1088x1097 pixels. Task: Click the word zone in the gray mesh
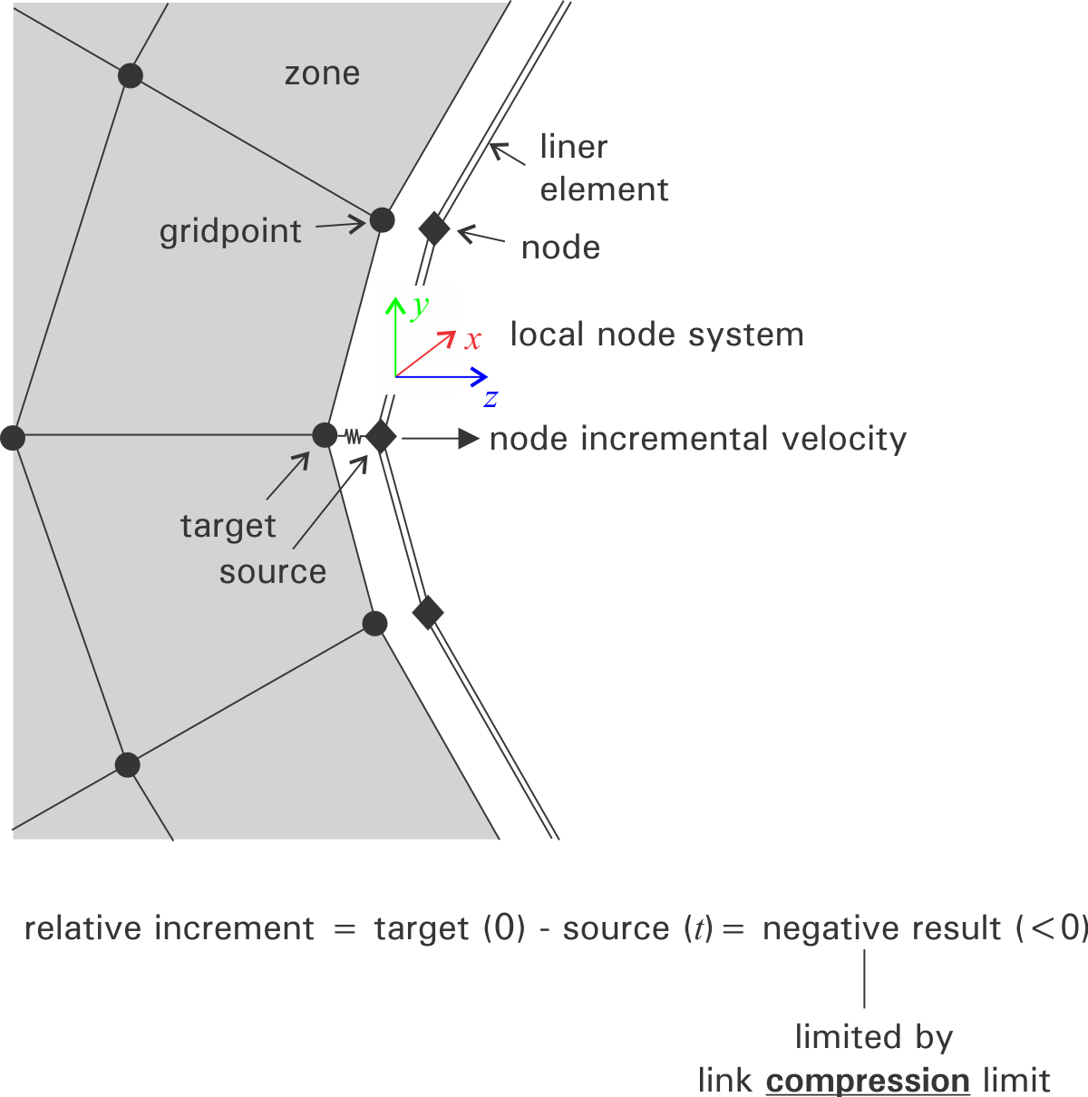tap(322, 73)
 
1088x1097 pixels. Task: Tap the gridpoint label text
tap(230, 232)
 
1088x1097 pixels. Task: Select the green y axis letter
tap(419, 307)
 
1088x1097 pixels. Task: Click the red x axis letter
tap(472, 341)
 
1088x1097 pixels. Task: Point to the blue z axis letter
tap(491, 398)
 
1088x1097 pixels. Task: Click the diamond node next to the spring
tap(381, 437)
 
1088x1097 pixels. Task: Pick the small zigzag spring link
tap(352, 437)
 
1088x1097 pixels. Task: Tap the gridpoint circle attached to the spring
tap(325, 436)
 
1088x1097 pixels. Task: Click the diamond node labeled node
tap(434, 228)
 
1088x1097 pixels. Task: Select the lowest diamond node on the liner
tap(428, 613)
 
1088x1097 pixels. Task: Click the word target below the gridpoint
tap(228, 527)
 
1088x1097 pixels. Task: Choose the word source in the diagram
tap(272, 572)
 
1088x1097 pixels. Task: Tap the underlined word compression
tap(868, 1081)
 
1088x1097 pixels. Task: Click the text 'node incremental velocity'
tap(698, 439)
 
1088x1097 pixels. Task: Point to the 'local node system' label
tap(656, 335)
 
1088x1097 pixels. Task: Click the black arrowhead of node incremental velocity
tap(468, 439)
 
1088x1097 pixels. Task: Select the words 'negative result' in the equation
tap(882, 928)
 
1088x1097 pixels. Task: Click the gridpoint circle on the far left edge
tap(13, 439)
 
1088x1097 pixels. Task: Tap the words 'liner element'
tap(603, 168)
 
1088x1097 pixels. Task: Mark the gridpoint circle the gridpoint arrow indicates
tap(382, 219)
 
